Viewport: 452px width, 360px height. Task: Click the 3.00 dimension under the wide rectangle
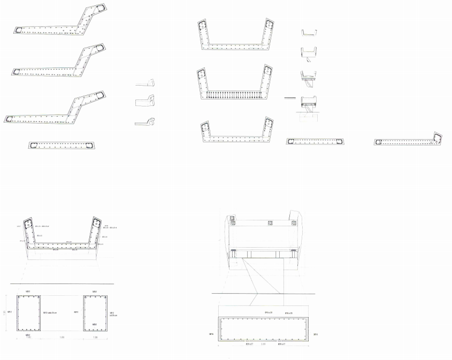(263, 344)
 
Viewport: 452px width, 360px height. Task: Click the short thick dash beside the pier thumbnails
(290, 98)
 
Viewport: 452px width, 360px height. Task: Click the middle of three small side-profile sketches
(145, 101)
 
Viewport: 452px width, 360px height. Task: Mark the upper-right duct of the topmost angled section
(100, 10)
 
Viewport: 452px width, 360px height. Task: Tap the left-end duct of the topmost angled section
(19, 30)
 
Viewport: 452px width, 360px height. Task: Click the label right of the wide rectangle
(316, 335)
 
